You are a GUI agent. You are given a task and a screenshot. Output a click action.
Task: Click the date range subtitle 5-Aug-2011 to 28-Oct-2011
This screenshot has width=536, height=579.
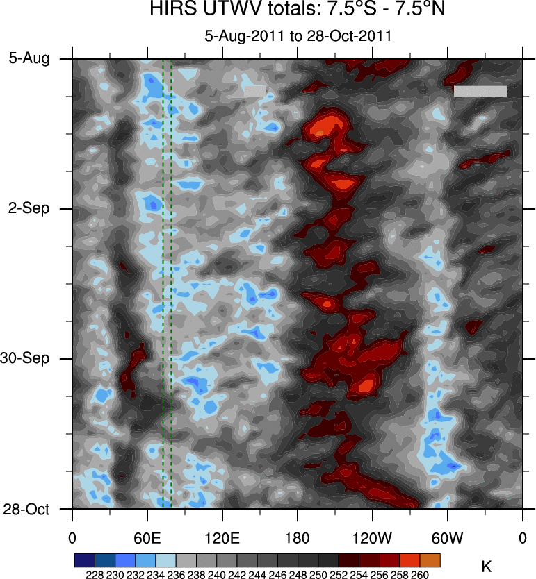[298, 36]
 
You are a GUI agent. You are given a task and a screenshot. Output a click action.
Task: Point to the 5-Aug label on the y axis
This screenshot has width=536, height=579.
[29, 59]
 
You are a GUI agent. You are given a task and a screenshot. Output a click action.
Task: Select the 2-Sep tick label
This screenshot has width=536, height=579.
[29, 209]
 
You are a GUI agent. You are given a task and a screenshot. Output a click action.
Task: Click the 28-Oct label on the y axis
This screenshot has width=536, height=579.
[26, 509]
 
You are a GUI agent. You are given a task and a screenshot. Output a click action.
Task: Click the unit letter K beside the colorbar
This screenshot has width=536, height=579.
[487, 567]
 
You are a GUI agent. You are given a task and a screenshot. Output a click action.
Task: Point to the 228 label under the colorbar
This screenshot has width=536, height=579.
[95, 574]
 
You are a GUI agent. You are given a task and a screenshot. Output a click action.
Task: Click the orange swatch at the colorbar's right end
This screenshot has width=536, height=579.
[430, 560]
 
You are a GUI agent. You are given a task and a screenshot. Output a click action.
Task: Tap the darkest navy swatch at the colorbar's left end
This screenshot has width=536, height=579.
[84, 560]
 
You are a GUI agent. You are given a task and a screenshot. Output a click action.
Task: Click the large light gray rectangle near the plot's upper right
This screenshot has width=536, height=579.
[480, 91]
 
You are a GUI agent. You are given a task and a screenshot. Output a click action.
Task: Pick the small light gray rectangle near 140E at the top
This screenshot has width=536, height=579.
[254, 90]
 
